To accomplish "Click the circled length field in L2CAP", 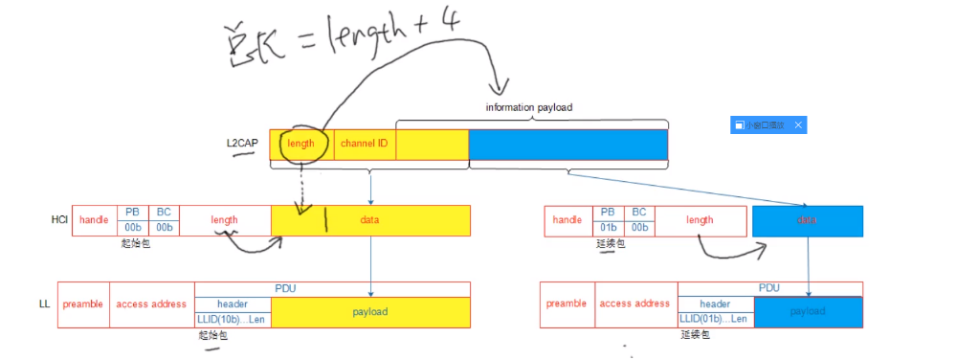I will (x=300, y=144).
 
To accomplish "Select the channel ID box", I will (x=364, y=144).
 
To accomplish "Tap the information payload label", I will (x=528, y=108).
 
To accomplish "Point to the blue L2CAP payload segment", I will (x=567, y=144).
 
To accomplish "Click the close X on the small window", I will (x=799, y=125).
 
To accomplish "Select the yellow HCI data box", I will (x=370, y=220).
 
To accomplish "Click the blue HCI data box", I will (x=808, y=220).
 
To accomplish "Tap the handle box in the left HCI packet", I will (x=94, y=220).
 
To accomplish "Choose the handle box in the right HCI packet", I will (x=567, y=220).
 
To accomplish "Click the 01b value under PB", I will (x=606, y=228).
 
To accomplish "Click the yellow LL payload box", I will (x=370, y=312).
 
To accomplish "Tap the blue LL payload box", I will (x=808, y=312).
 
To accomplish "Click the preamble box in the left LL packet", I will (x=83, y=304).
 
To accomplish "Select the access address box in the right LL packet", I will (x=634, y=304).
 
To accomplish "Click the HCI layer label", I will (x=59, y=220).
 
